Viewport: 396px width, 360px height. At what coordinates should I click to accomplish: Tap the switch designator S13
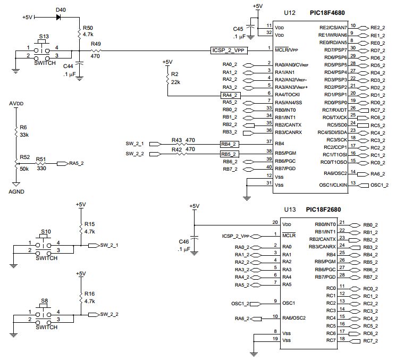[45, 37]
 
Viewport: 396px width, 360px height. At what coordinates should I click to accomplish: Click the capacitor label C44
[68, 65]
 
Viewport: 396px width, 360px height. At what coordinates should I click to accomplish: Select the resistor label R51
[40, 158]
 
